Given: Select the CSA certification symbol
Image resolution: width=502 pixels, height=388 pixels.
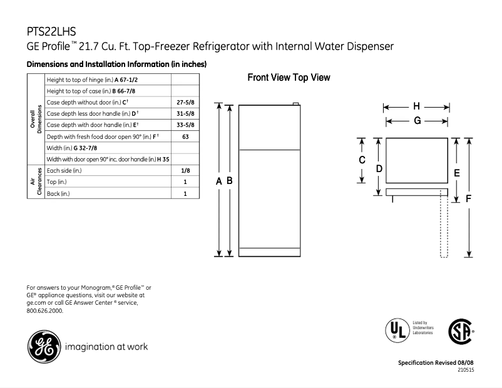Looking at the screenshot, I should coord(461,331).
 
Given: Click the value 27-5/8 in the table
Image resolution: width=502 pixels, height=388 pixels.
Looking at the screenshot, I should coord(185,102).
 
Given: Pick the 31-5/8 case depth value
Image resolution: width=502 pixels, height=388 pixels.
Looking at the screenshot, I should coord(185,113).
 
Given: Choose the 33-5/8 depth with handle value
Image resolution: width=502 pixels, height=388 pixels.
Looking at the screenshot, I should coord(185,125).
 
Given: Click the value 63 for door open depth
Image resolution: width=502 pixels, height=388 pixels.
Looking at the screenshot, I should coord(185,136).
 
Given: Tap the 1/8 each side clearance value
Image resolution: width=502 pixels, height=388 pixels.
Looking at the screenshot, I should coord(185,170).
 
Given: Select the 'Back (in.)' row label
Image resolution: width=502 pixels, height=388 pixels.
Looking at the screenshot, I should coord(59,193).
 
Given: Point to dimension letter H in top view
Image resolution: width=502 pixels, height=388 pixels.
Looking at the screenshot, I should coord(416,106).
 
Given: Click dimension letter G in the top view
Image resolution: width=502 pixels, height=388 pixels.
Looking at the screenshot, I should coord(416,121).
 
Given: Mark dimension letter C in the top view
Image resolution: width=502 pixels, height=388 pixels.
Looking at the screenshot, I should coord(362,160).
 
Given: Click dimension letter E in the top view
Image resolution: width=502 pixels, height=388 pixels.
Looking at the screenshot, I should coord(457,172).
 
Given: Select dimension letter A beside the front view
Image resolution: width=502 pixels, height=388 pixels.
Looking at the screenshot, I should coord(219,180).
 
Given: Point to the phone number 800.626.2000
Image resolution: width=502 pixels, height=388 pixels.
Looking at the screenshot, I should coord(45,310).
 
